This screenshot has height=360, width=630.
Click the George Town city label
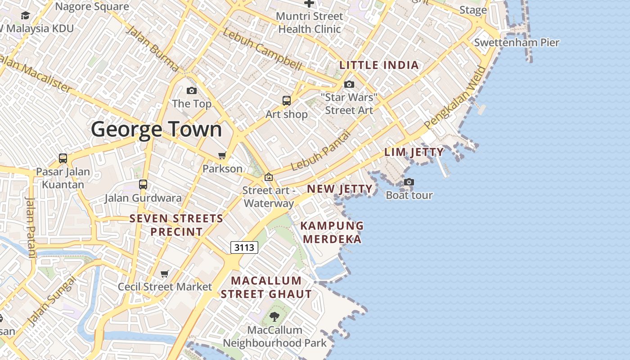(x=157, y=130)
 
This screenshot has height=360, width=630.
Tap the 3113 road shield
(x=244, y=247)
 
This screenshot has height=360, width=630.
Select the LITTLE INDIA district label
(x=379, y=65)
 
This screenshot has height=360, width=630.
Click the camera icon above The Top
(x=192, y=90)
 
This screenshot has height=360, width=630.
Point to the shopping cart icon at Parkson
(x=222, y=156)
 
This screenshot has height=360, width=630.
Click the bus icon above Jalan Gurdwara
(x=143, y=184)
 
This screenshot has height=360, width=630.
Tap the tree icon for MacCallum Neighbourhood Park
(x=274, y=317)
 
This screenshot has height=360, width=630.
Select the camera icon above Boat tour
(x=409, y=182)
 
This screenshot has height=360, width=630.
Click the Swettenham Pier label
(x=517, y=43)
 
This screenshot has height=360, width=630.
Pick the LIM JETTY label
(x=414, y=152)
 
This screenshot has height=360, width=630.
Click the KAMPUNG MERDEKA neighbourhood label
(x=332, y=232)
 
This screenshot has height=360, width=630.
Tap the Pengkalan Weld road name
(x=455, y=98)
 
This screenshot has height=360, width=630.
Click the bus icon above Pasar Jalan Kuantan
(x=63, y=158)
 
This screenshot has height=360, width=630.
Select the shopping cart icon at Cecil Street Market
(x=165, y=274)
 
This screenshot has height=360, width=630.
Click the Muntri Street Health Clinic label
(x=310, y=22)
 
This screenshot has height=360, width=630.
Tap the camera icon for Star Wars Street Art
(x=349, y=84)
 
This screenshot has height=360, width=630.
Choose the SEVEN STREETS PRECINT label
(x=176, y=225)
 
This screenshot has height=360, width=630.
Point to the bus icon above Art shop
(x=287, y=101)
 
